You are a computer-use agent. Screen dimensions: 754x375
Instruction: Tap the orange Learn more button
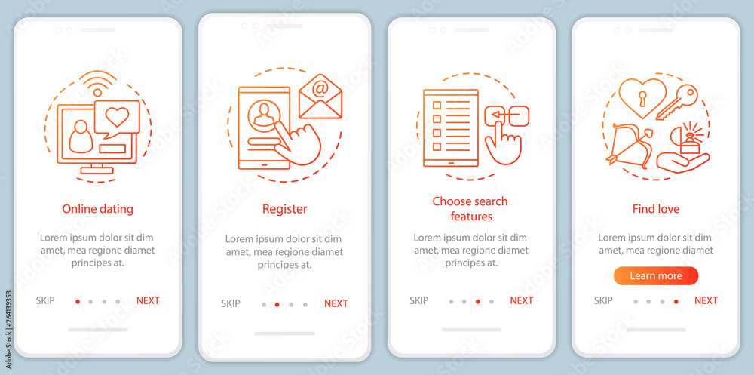[656, 276]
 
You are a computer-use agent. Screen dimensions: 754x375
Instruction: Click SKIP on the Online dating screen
[45, 300]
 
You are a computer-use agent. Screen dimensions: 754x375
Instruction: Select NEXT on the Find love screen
[706, 300]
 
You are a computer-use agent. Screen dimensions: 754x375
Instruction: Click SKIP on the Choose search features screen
[418, 300]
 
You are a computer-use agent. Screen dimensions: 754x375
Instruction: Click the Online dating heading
[97, 209]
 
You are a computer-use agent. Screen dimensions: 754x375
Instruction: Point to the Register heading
[285, 209]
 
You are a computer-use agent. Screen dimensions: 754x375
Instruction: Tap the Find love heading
[656, 209]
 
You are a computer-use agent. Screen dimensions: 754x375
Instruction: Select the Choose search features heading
[470, 208]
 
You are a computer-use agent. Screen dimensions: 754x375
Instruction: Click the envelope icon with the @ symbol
[320, 97]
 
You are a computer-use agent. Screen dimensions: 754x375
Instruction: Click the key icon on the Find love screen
[677, 102]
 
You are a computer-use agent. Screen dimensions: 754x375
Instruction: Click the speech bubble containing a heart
[117, 118]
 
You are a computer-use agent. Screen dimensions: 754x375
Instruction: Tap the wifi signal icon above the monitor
[97, 83]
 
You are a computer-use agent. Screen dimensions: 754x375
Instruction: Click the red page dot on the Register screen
[277, 304]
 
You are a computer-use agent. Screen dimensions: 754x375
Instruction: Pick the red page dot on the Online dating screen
[78, 301]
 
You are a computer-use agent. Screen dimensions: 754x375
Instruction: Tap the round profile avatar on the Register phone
[264, 115]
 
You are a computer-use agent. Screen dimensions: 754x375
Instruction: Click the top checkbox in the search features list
[437, 105]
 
